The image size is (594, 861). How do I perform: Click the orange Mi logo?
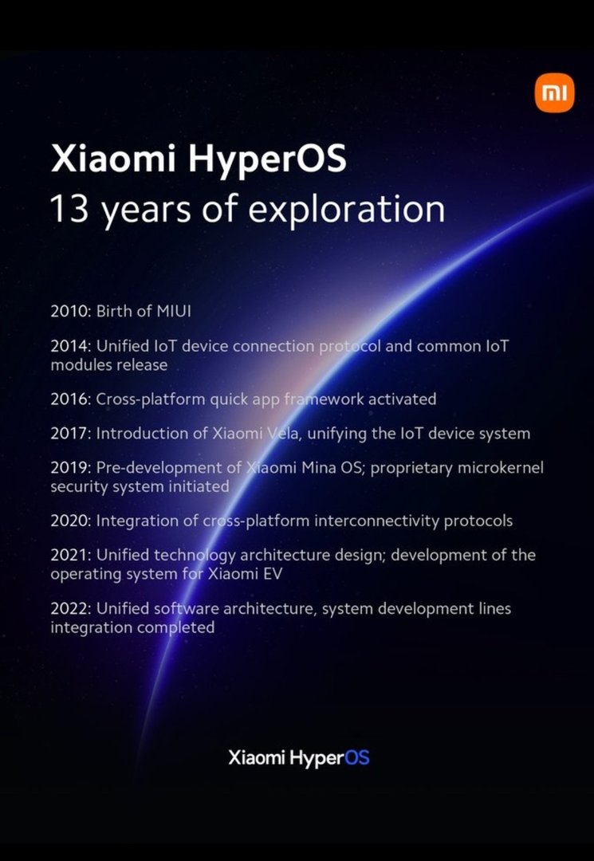coord(554,93)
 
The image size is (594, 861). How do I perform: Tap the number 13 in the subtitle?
coord(69,209)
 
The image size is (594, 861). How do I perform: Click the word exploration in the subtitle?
coord(346,210)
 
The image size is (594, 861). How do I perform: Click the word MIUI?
coord(174,312)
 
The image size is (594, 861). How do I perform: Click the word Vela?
coord(283,434)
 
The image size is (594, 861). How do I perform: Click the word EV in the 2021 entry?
coord(273,574)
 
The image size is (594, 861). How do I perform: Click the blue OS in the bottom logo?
coord(357,758)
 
